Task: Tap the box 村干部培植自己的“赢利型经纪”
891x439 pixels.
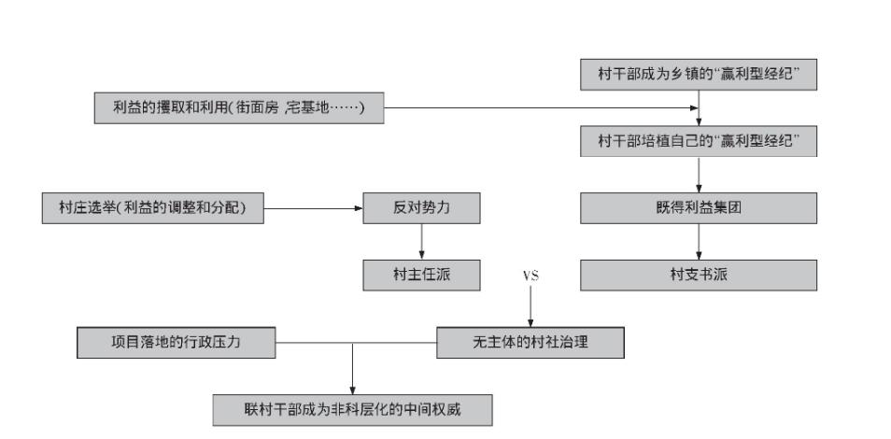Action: coord(700,142)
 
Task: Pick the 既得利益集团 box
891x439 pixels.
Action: coord(700,208)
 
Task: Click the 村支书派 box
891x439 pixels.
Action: coord(700,276)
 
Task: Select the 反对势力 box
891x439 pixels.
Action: coord(422,209)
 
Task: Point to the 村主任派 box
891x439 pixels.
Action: coord(422,276)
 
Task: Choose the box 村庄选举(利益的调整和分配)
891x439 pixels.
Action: coord(152,209)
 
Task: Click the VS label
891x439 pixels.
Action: coord(530,276)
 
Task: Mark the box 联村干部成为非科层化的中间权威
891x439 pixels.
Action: coord(352,409)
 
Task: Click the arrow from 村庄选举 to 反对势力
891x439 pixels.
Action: coord(313,209)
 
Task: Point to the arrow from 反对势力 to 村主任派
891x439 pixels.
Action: coord(422,242)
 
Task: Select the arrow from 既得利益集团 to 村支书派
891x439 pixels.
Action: coord(700,242)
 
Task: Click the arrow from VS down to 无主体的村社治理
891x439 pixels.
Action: coord(530,308)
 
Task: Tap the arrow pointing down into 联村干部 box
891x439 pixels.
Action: coord(352,374)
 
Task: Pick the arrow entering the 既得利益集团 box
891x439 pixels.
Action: coord(700,176)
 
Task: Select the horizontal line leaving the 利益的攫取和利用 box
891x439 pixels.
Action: coord(542,108)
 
